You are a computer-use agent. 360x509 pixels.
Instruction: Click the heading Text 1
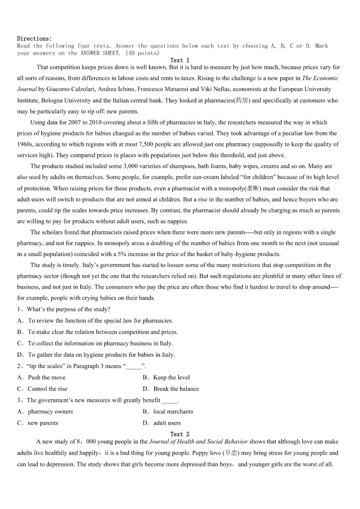click(x=180, y=60)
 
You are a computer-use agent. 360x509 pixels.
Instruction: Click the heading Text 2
click(x=180, y=434)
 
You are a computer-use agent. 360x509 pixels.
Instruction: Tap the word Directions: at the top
click(x=34, y=39)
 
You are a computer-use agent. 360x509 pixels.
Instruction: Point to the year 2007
click(x=75, y=122)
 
